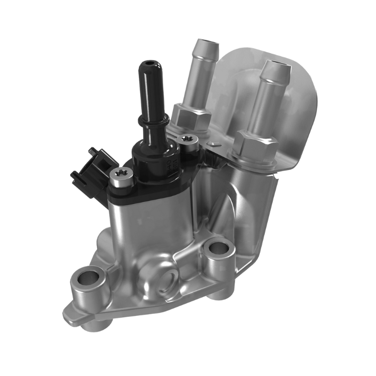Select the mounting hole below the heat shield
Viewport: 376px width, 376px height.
[218, 247]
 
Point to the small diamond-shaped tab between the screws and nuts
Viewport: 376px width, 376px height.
[214, 145]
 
